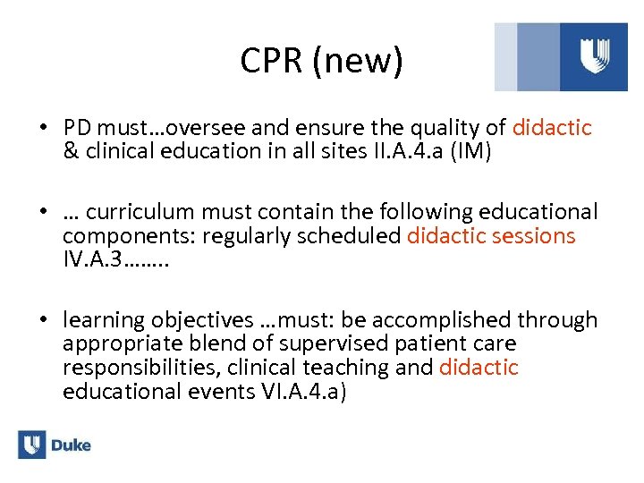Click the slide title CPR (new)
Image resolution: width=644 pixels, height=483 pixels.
pos(322,62)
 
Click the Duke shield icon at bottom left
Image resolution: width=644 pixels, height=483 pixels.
pos(31,445)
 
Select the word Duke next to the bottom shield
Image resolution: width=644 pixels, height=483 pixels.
pos(71,445)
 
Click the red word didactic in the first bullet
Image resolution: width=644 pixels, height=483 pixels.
pos(552,128)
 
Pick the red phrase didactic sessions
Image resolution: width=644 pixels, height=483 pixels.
pos(491,236)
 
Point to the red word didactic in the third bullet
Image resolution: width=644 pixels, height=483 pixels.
pos(479,368)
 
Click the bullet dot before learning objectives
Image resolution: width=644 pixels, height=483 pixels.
pos(43,320)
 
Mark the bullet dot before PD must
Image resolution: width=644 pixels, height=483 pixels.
pos(43,128)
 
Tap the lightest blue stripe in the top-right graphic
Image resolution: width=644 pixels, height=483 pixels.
pos(505,56)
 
